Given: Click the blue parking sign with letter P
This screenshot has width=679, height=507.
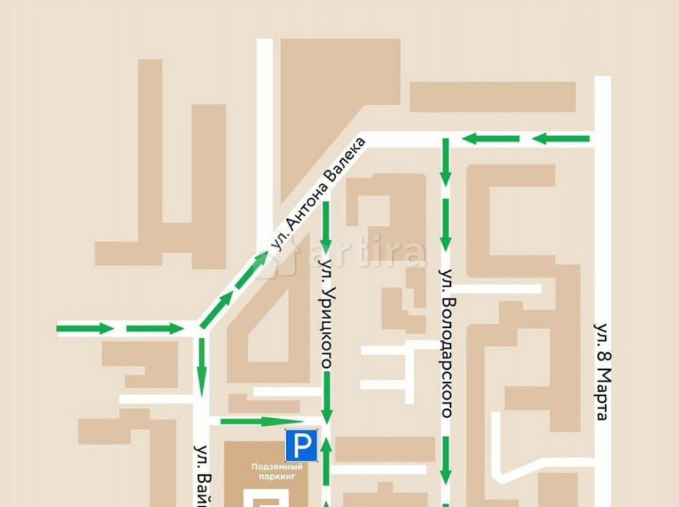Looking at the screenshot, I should point(301,445).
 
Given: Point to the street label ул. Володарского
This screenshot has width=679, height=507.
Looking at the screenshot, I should point(446,343).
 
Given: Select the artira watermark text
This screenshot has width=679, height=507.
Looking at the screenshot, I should point(367,255).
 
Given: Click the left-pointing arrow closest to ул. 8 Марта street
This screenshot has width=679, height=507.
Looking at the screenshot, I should point(561,139).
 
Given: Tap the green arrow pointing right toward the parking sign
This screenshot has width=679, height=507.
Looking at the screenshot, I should point(251,421).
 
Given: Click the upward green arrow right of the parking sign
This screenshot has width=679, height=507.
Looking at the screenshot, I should point(327,462).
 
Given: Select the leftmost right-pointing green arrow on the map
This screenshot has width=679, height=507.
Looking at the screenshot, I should point(84,329).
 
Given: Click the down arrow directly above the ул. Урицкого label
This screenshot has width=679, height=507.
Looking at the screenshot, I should point(327,226).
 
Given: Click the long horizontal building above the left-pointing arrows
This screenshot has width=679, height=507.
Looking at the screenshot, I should point(492,97).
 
